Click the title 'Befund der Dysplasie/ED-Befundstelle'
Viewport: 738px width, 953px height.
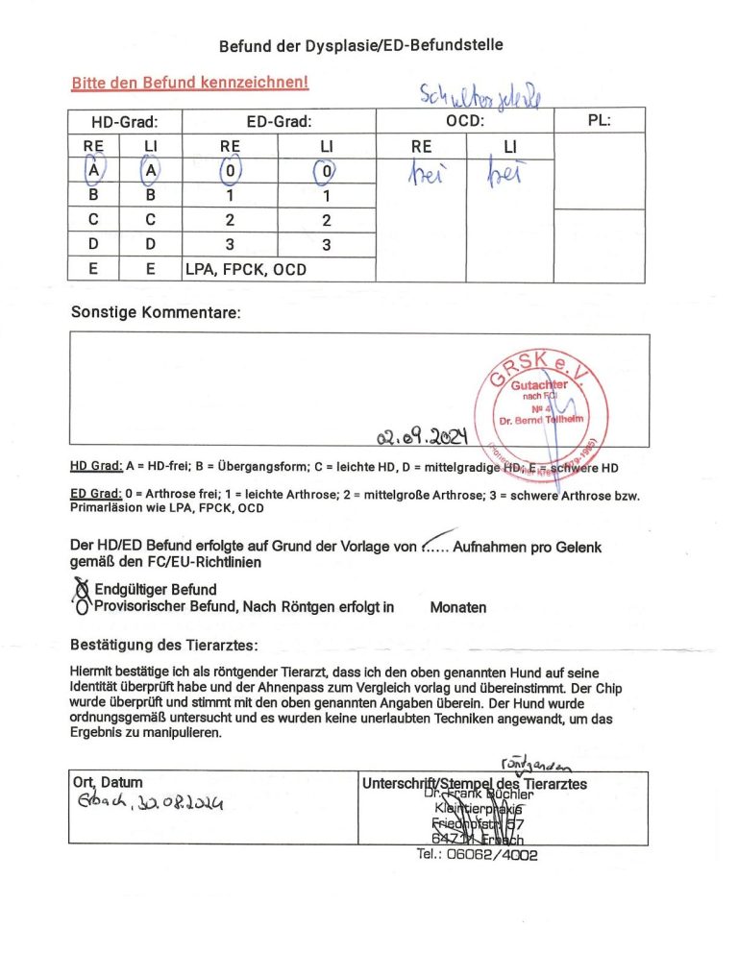(360, 45)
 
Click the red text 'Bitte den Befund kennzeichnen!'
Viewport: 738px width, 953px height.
(189, 83)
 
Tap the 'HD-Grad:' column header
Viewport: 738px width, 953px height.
(124, 122)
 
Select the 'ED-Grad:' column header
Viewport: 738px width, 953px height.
(279, 122)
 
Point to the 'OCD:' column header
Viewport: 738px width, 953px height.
(465, 122)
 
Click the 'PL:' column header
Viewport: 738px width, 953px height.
(600, 121)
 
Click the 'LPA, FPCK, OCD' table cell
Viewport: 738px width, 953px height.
(245, 270)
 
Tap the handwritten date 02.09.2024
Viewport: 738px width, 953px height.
(422, 440)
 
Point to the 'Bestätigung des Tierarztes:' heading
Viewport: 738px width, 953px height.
(164, 643)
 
